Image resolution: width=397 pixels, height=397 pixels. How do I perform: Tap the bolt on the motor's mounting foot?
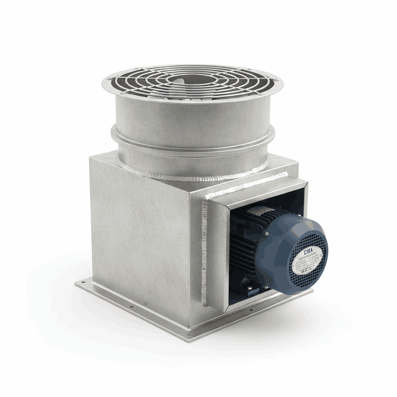click(249, 287)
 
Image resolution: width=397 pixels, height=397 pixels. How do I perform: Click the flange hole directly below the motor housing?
click(248, 311)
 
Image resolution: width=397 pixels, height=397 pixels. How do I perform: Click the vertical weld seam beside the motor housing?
click(204, 252)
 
